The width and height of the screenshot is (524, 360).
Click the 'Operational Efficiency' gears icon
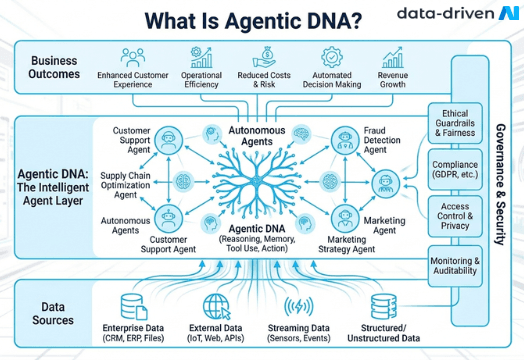pos(201,56)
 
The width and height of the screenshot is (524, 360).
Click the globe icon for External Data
pos(216,305)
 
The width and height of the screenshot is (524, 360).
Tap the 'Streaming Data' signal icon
pos(299,305)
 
